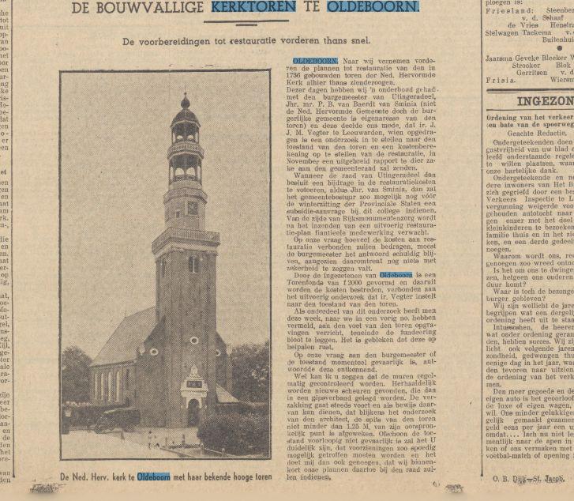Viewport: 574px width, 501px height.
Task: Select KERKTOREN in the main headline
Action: pyautogui.click(x=250, y=9)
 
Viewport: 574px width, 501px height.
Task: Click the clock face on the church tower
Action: pyautogui.click(x=193, y=208)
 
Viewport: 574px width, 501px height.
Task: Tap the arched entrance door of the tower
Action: pyautogui.click(x=193, y=412)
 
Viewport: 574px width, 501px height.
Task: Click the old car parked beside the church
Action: pyautogui.click(x=114, y=417)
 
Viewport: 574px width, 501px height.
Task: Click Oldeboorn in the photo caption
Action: pyautogui.click(x=154, y=478)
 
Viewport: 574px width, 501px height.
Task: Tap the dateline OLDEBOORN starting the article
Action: pyautogui.click(x=315, y=60)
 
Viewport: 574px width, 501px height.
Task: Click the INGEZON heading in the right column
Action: pyautogui.click(x=545, y=101)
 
